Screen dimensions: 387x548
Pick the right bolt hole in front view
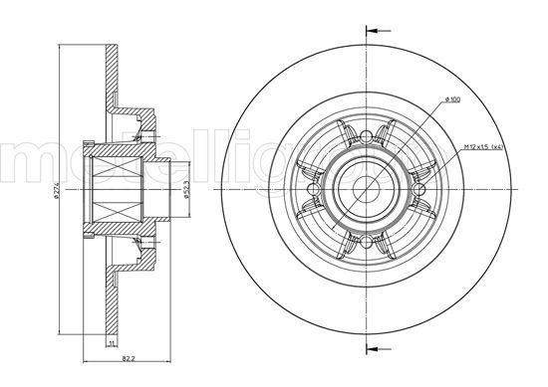point(417,187)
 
